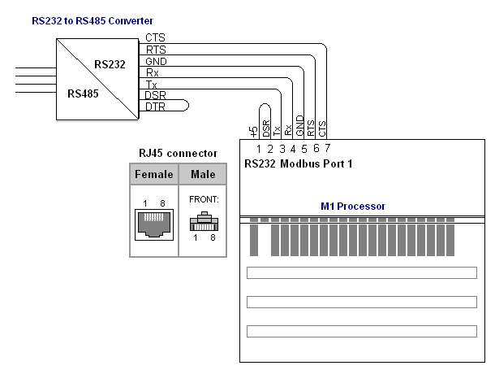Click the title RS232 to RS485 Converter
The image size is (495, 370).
point(93,21)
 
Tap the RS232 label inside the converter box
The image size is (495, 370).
point(110,64)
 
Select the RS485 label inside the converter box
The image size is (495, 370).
point(83,94)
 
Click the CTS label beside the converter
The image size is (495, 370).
point(155,37)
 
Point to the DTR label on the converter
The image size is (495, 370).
point(155,107)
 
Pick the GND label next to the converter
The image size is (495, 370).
point(156,61)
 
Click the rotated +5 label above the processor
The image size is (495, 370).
point(253,132)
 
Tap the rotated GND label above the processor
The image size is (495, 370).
point(299,125)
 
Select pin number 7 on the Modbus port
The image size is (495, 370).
point(327,148)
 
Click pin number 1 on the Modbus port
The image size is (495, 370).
point(259,149)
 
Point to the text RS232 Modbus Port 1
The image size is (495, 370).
point(299,163)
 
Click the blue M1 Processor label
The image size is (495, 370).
point(353,207)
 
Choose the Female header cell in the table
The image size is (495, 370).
point(154,174)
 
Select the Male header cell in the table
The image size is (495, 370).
point(203,174)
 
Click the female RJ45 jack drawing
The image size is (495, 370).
point(154,224)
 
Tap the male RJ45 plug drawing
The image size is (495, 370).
point(204,221)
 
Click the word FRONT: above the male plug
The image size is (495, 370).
point(204,199)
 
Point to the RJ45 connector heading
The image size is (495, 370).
point(178,154)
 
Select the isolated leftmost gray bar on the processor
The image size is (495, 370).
point(254,240)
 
